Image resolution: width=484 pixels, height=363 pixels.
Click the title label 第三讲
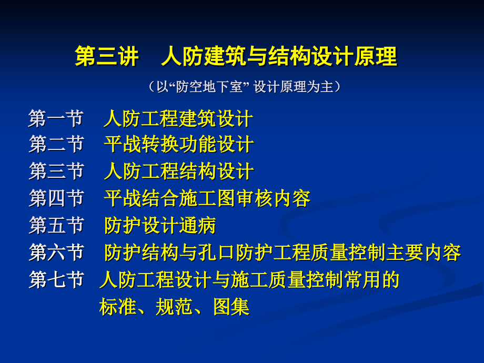coord(107,57)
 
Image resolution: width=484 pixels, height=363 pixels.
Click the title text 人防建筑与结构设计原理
coord(279,57)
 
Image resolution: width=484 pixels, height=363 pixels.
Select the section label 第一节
coord(56,118)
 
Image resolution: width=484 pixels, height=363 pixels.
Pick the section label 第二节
coord(56,144)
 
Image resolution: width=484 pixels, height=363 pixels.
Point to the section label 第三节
coord(56,171)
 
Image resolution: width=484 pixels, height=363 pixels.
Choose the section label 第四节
coord(56,198)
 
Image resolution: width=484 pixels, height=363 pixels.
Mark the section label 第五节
coord(56,226)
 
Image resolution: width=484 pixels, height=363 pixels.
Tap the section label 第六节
coord(56,253)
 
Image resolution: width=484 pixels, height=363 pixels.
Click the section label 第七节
coord(56,280)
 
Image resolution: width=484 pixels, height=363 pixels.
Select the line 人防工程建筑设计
coord(178,118)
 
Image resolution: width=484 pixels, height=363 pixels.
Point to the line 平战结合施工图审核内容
coord(207,198)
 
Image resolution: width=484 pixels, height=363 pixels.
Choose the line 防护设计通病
coord(160,226)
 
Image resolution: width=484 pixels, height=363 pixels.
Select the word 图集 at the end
coord(231,307)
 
